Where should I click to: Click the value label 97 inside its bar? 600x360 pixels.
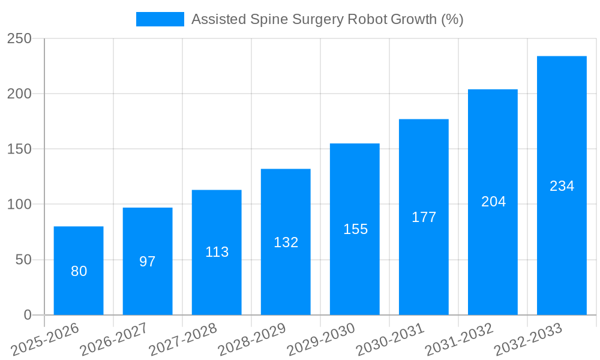click(148, 262)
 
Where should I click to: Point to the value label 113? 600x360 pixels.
click(217, 252)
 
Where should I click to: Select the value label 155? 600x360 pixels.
click(355, 229)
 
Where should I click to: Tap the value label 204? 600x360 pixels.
click(493, 202)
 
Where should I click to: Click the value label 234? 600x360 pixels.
click(562, 186)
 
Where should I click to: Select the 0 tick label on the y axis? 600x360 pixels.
click(28, 315)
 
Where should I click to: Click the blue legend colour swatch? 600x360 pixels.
click(160, 19)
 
